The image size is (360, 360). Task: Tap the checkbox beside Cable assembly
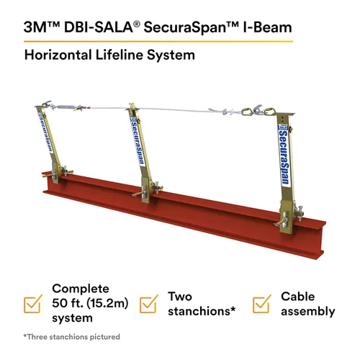point(264,304)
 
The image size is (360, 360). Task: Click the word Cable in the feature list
point(296,296)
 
